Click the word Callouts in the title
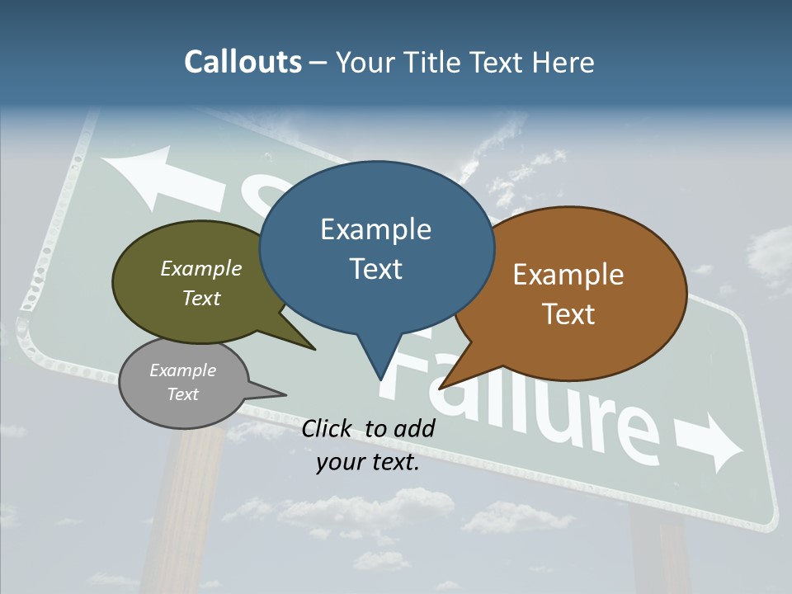pyautogui.click(x=243, y=62)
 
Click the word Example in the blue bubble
pyautogui.click(x=375, y=229)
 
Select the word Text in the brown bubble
pyautogui.click(x=568, y=314)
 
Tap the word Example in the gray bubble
pyautogui.click(x=182, y=370)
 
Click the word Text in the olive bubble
pyautogui.click(x=201, y=298)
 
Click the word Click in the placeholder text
pyautogui.click(x=326, y=428)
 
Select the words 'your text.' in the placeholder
pyautogui.click(x=368, y=463)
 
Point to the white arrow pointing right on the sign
pyautogui.click(x=709, y=441)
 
